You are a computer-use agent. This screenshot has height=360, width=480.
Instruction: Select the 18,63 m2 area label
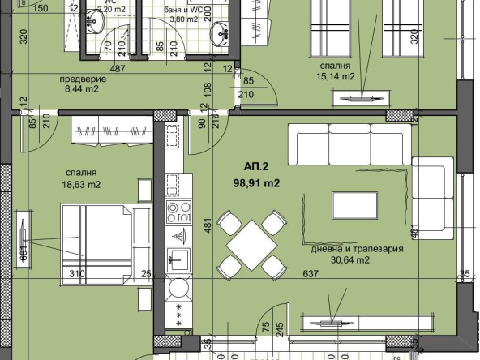(83, 185)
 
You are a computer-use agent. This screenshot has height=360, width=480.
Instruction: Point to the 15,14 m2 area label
(334, 76)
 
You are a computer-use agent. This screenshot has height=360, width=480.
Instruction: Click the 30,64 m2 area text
(345, 260)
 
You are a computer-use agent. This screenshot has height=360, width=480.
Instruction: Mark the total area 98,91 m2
(255, 182)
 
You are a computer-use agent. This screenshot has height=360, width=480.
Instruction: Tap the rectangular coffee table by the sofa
(355, 204)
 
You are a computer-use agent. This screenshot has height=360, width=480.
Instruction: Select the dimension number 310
(76, 273)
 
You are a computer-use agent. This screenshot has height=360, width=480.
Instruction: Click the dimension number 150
(41, 8)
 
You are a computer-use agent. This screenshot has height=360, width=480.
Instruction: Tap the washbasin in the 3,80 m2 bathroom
(220, 33)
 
